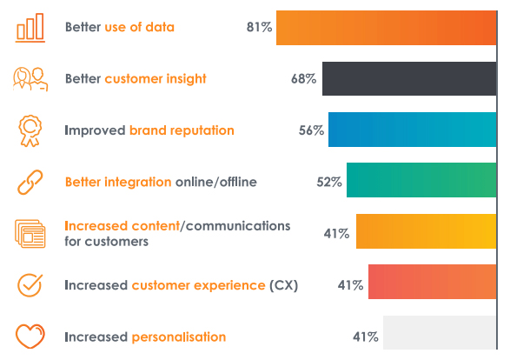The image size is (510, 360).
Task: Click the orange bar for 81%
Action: [387, 28]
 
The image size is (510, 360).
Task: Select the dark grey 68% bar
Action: [409, 79]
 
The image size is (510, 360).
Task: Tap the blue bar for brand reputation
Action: [413, 130]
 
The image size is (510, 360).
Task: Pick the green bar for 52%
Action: [421, 180]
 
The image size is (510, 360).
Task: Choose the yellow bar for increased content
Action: [427, 231]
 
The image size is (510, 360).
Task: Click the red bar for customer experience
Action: [433, 282]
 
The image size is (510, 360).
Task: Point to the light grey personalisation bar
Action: [440, 332]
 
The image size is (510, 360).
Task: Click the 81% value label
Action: [259, 27]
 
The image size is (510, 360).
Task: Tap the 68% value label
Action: [303, 79]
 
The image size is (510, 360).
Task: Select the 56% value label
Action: [311, 130]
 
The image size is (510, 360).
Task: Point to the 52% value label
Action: [329, 182]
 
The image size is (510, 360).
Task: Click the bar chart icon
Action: [30, 28]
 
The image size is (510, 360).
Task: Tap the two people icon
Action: [30, 79]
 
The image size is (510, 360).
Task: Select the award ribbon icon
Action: [30, 130]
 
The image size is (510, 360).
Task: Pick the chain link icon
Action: [30, 182]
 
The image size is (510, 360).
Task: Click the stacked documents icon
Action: [30, 234]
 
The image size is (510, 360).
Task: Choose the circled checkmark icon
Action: [30, 285]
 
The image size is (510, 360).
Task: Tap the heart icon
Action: [30, 336]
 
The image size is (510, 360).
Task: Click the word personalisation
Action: [179, 337]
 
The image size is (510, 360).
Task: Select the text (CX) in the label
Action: [283, 285]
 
